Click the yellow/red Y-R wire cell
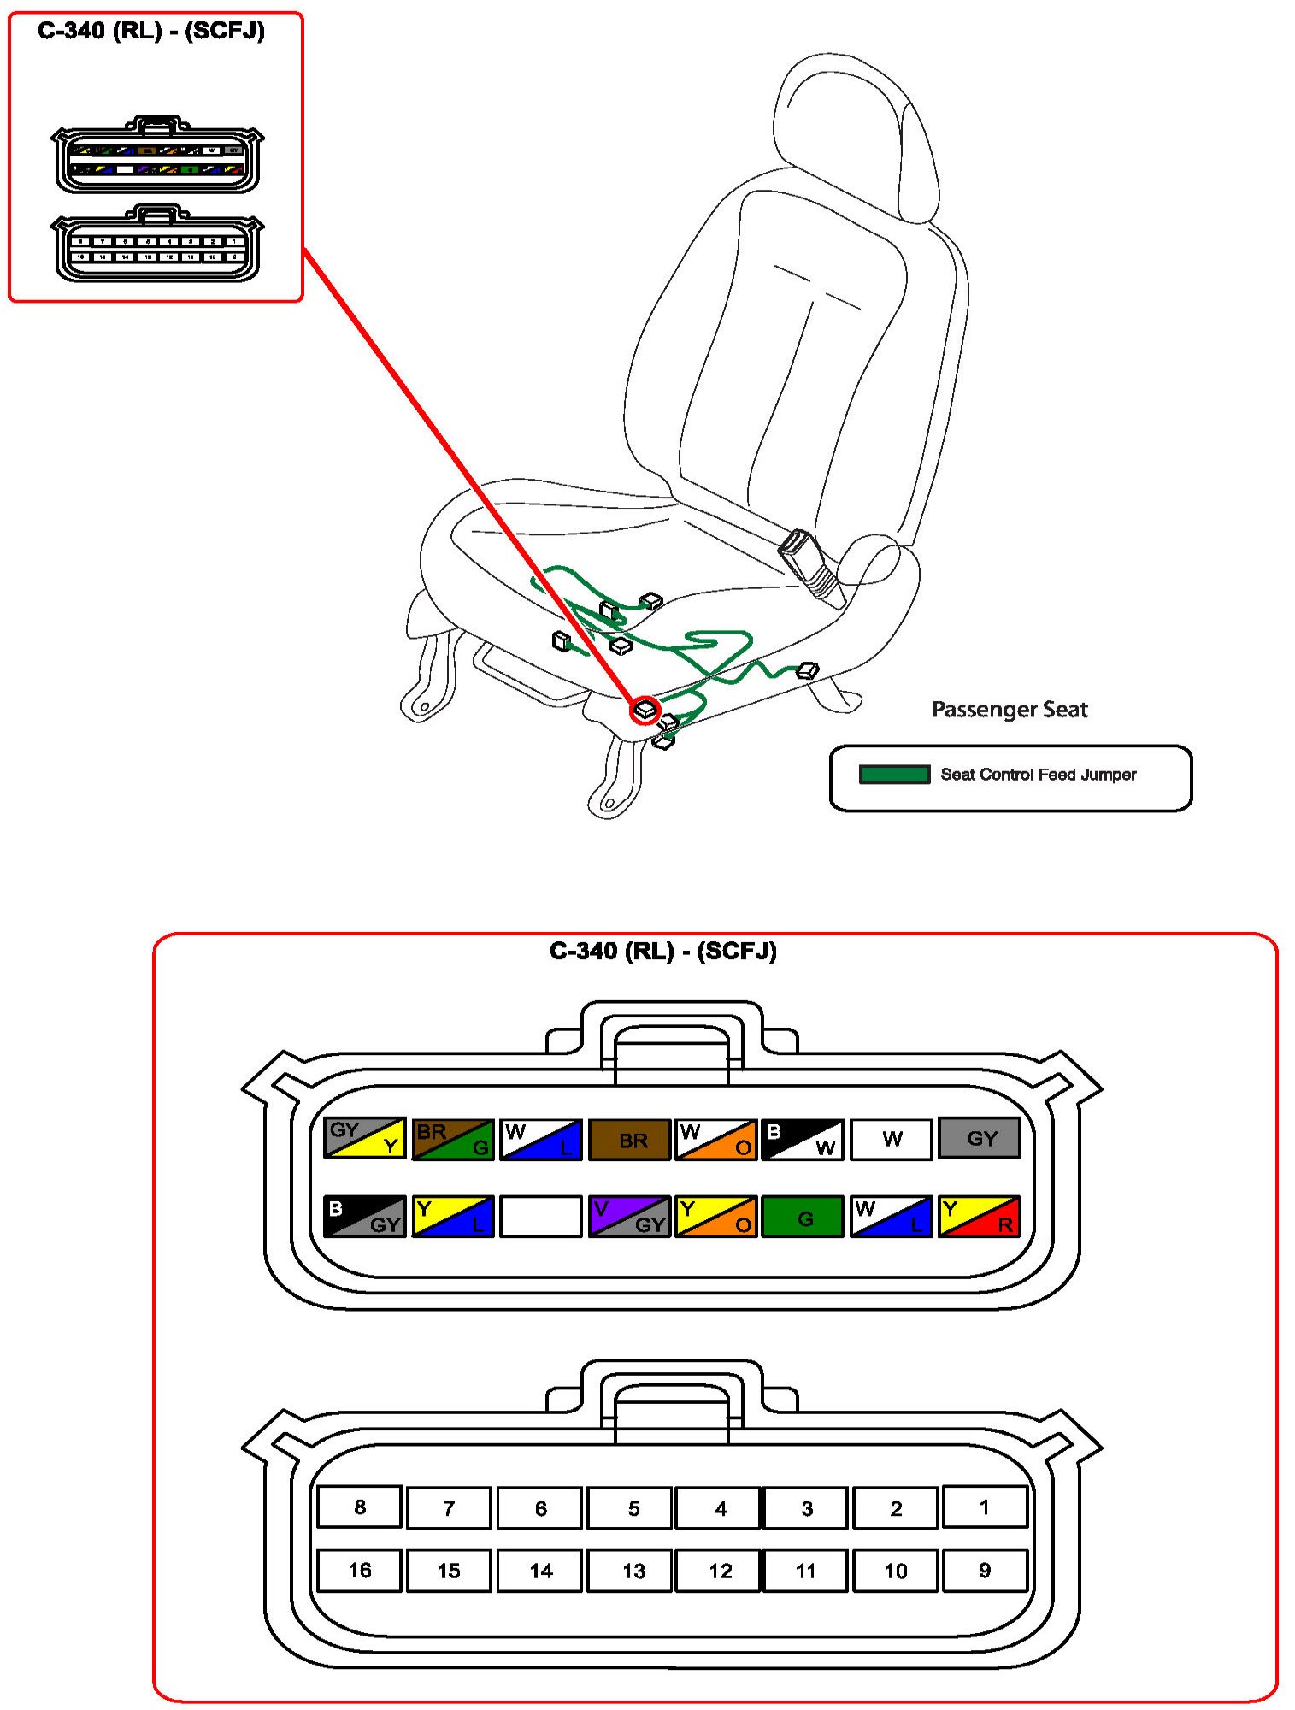pos(980,1216)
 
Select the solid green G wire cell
pos(803,1216)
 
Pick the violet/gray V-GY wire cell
pos(629,1216)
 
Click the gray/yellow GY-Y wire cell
pos(365,1138)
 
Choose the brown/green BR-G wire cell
pos(453,1139)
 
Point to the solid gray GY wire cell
pos(980,1138)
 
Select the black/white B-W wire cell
pos(803,1139)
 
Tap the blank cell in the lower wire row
pos(541,1216)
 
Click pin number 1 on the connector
pos(985,1507)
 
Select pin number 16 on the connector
pos(359,1570)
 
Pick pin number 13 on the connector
pos(633,1570)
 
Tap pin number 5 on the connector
pos(633,1507)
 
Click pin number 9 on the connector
pos(985,1570)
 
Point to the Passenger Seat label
pos(1010,709)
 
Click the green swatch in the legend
pos(894,775)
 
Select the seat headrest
pos(855,128)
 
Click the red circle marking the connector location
pos(645,710)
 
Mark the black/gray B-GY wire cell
pos(365,1216)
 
